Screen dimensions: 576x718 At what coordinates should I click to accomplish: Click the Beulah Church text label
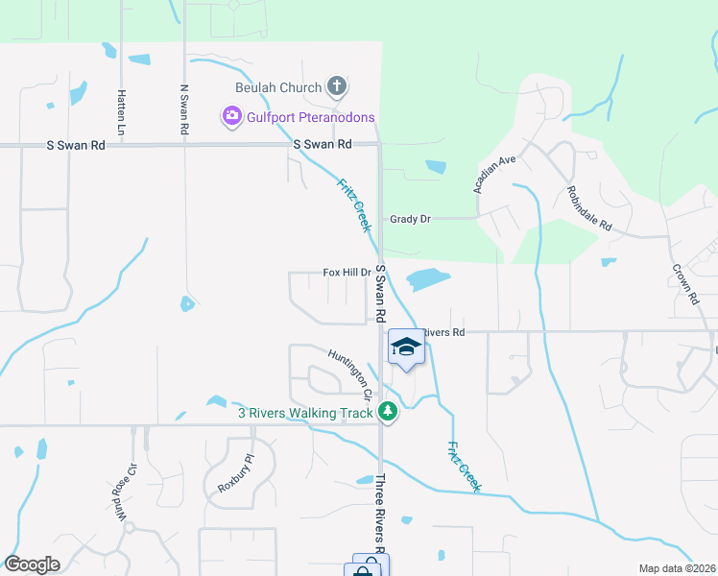pyautogui.click(x=278, y=88)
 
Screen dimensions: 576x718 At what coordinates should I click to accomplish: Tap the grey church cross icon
pyautogui.click(x=336, y=87)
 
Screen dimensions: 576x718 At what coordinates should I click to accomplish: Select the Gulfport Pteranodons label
pyautogui.click(x=311, y=117)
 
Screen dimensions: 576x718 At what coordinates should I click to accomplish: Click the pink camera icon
pyautogui.click(x=231, y=117)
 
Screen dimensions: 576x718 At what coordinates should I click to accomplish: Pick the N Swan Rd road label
pyautogui.click(x=184, y=108)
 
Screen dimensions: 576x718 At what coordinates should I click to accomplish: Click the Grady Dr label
pyautogui.click(x=410, y=219)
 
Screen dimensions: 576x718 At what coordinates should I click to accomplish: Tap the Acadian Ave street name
pyautogui.click(x=495, y=174)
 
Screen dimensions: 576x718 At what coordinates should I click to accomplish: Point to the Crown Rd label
pyautogui.click(x=684, y=285)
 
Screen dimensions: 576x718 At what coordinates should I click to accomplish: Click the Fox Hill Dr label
pyautogui.click(x=347, y=273)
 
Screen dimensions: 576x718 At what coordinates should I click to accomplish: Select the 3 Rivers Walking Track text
pyautogui.click(x=305, y=414)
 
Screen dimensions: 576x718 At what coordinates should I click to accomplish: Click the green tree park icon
pyautogui.click(x=388, y=413)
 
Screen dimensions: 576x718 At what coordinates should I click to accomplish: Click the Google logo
pyautogui.click(x=31, y=564)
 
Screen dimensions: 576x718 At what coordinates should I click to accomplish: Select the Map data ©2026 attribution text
pyautogui.click(x=677, y=568)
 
